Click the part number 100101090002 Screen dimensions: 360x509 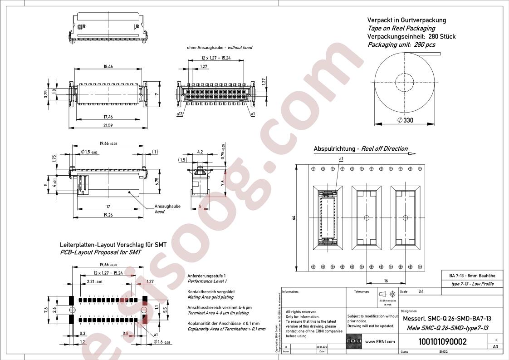(x=442, y=342)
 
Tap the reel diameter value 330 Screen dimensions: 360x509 (x=407, y=120)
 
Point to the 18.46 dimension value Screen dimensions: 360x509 (x=108, y=67)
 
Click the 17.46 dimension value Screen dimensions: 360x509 (x=108, y=117)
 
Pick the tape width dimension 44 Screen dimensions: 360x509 (x=294, y=218)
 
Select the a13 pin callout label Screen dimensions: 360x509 (x=179, y=114)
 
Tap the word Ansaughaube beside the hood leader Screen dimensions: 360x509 (x=167, y=206)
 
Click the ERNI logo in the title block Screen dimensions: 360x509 (x=354, y=342)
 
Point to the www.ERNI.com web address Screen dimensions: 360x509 (x=380, y=342)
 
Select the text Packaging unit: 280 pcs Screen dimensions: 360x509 (x=401, y=44)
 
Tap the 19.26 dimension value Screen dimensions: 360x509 (x=108, y=215)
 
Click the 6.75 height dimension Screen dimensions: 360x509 (x=157, y=182)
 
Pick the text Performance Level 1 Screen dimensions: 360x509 (x=207, y=281)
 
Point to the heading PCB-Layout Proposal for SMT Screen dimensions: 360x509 (x=100, y=252)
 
